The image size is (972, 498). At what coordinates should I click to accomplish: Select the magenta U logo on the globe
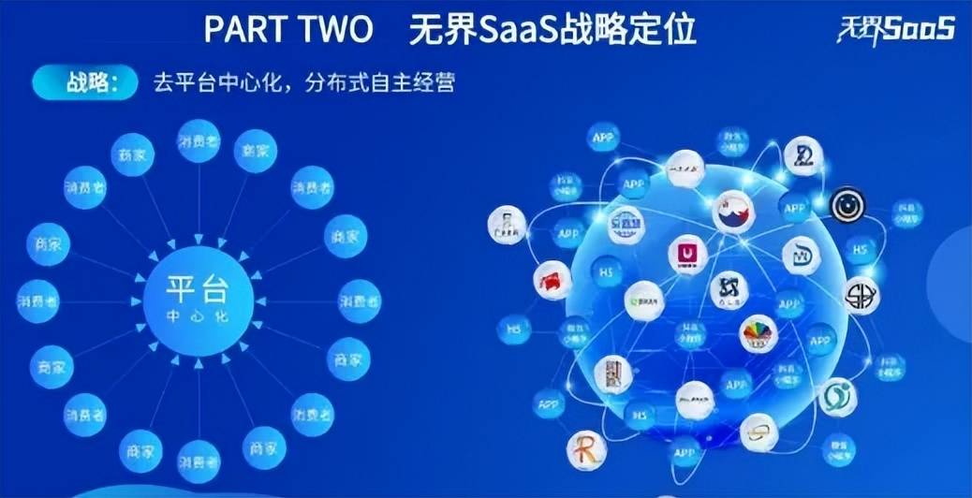tap(688, 254)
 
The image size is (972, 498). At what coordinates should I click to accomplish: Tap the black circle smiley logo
tap(847, 205)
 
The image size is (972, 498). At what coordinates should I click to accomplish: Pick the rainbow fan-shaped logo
tap(758, 333)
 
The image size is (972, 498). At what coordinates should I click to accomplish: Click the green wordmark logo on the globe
tap(644, 300)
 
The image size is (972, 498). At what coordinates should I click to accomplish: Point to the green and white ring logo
tap(836, 397)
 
